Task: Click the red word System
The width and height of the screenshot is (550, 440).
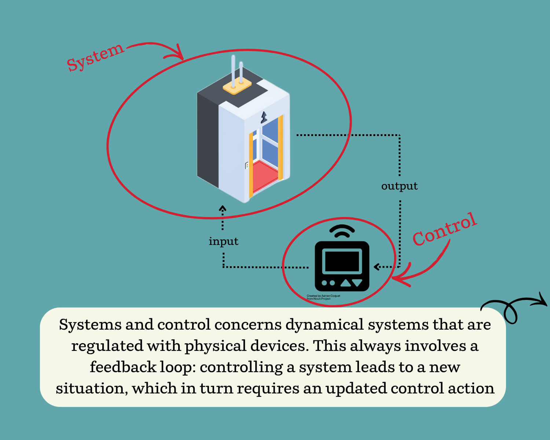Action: (x=95, y=57)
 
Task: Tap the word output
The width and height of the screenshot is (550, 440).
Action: (x=399, y=186)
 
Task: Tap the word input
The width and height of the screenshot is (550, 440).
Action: (x=223, y=241)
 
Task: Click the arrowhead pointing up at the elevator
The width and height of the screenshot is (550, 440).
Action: (x=223, y=209)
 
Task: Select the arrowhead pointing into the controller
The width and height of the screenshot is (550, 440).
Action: (x=377, y=267)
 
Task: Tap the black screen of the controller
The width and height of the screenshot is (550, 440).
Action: (x=342, y=261)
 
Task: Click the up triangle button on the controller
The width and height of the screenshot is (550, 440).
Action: (x=345, y=283)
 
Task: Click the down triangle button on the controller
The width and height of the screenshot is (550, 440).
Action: (x=357, y=283)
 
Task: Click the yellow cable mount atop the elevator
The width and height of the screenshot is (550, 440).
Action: (x=237, y=87)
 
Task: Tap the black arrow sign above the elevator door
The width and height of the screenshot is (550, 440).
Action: (x=264, y=117)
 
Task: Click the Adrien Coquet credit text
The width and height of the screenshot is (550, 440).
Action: (x=323, y=297)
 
